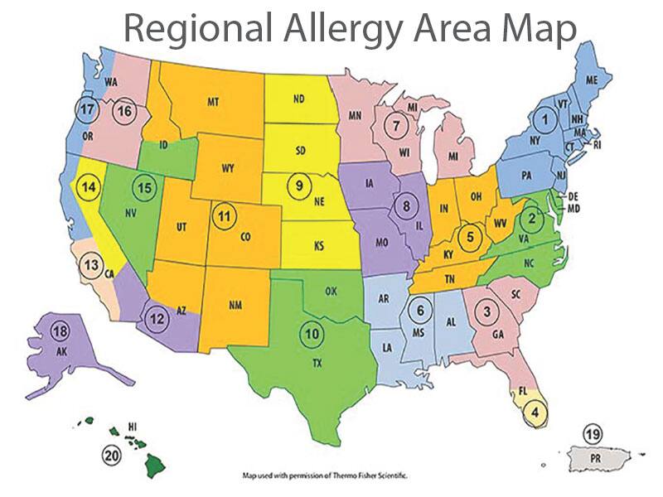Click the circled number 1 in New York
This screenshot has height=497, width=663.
click(x=544, y=120)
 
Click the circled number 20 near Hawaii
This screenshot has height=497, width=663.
click(x=111, y=454)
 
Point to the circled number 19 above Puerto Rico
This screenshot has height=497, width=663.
click(x=591, y=434)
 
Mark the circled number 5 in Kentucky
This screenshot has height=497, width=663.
click(x=471, y=236)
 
